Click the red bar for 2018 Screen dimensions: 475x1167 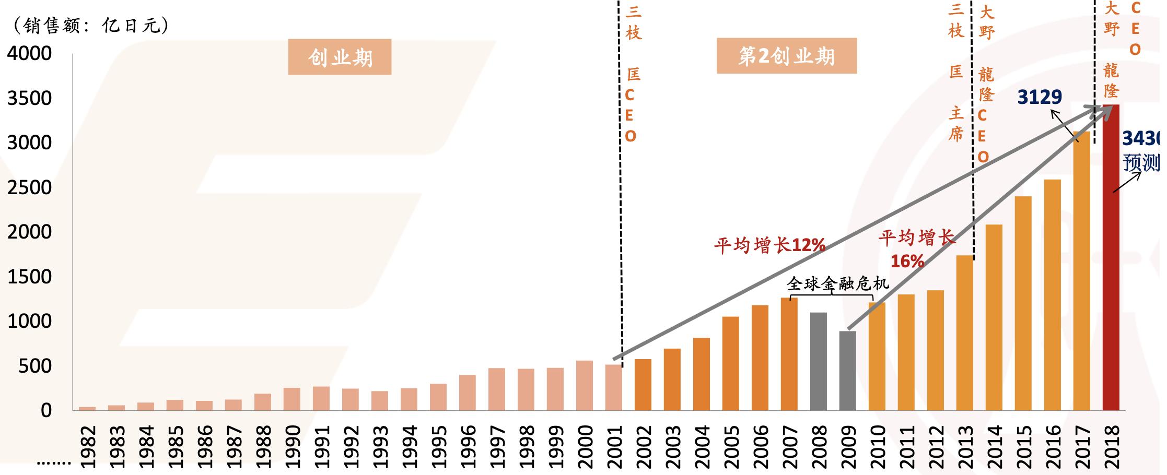tap(1111, 258)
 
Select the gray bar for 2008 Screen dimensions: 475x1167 tap(818, 361)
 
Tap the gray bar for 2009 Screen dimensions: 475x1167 tap(847, 371)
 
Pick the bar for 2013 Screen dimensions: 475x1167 tap(964, 333)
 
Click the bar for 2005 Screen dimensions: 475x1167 tap(730, 364)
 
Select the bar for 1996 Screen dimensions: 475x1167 tap(468, 393)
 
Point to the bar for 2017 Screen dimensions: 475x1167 tap(1081, 271)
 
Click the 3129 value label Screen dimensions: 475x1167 tap(1040, 97)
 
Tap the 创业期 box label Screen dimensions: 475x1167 tap(340, 57)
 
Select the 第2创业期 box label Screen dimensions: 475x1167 tap(786, 56)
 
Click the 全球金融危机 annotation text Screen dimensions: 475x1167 tap(837, 283)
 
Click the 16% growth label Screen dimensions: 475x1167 tap(907, 261)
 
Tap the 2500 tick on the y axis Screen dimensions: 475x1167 tap(30, 187)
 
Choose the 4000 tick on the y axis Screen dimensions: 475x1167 tap(30, 53)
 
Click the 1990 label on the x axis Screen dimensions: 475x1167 tap(292, 447)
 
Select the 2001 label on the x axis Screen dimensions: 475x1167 tap(614, 447)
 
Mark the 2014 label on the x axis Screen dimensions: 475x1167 tap(994, 447)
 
